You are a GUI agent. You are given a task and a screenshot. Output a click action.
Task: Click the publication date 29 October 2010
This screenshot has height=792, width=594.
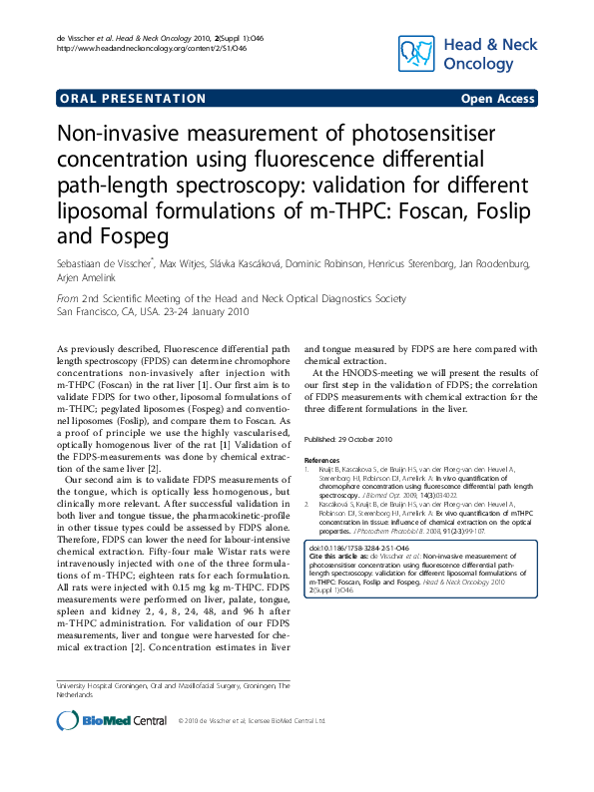[x=364, y=440]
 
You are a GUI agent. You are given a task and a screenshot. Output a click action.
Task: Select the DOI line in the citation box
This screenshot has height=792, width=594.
[x=358, y=549]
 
